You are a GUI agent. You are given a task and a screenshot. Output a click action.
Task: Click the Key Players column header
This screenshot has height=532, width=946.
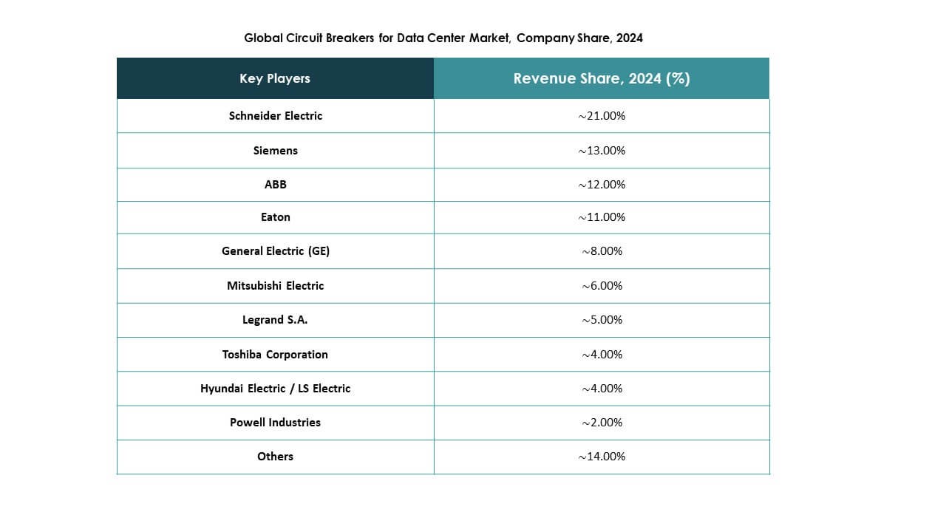275,78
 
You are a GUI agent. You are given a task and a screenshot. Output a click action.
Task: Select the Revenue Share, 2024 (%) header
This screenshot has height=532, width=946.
602,78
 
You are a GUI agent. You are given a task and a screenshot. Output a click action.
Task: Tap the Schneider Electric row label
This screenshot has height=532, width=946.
276,116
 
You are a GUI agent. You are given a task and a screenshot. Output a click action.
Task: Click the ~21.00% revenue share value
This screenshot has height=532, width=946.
602,116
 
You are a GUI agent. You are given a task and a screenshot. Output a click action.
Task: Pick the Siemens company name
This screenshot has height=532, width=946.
276,151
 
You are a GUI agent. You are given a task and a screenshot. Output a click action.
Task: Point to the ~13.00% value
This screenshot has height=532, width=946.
602,151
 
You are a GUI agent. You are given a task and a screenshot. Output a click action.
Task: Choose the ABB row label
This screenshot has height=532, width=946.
276,185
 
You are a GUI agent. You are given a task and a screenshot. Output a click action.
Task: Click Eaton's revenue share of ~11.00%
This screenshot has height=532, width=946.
602,217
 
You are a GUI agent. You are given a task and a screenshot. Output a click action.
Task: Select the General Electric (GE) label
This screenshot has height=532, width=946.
276,251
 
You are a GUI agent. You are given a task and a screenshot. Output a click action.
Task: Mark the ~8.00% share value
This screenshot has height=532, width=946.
602,251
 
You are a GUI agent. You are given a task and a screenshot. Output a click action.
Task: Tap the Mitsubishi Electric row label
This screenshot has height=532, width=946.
276,286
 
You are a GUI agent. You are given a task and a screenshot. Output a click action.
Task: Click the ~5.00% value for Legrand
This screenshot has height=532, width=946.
602,320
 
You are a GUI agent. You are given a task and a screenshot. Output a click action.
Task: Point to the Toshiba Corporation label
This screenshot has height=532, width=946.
276,355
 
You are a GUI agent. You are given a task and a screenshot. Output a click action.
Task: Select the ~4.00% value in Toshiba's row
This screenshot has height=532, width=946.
602,355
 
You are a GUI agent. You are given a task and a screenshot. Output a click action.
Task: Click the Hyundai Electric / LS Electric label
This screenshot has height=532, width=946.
276,389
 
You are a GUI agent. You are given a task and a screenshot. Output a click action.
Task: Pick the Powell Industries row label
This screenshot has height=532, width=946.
276,423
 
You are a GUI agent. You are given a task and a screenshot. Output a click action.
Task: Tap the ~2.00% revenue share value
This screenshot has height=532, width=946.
602,423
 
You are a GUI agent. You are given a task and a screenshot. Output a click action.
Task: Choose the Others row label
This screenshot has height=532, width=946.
276,457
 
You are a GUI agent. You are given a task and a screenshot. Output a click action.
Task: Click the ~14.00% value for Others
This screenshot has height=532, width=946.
602,457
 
